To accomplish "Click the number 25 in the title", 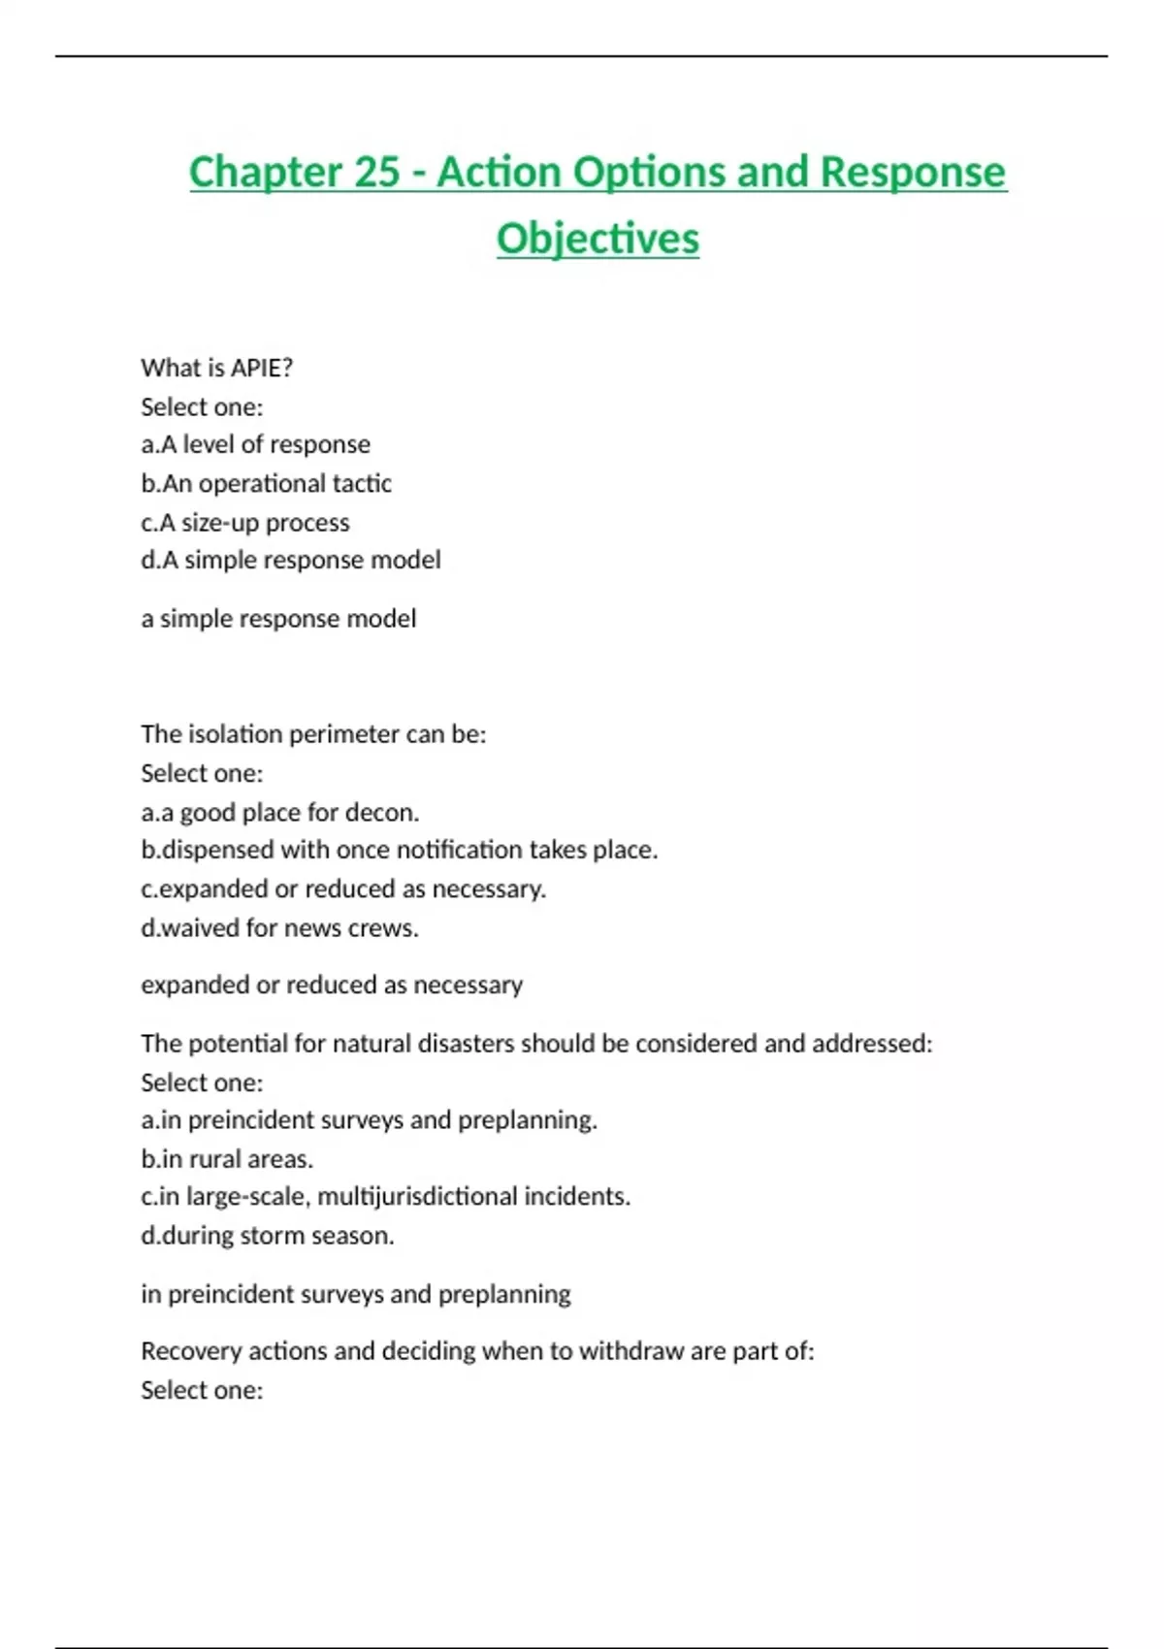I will pos(375,173).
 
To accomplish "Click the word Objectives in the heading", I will pos(598,239).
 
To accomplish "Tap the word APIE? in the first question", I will pos(261,368).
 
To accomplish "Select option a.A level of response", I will pos(255,444).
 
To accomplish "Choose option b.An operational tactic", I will pos(266,483).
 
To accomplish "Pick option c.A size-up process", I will pos(244,522).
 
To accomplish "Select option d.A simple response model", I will pos(290,560).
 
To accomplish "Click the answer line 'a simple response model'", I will pos(278,618).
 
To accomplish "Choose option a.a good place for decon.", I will pos(279,812).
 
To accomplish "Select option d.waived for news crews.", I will pos(279,927).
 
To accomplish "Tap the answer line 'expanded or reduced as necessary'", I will pos(332,985).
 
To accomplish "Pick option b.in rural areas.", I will pos(227,1159).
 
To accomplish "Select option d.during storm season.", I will pos(267,1236).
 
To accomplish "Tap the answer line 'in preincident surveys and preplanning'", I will pos(355,1294).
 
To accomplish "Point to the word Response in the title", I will pos(913,173).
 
